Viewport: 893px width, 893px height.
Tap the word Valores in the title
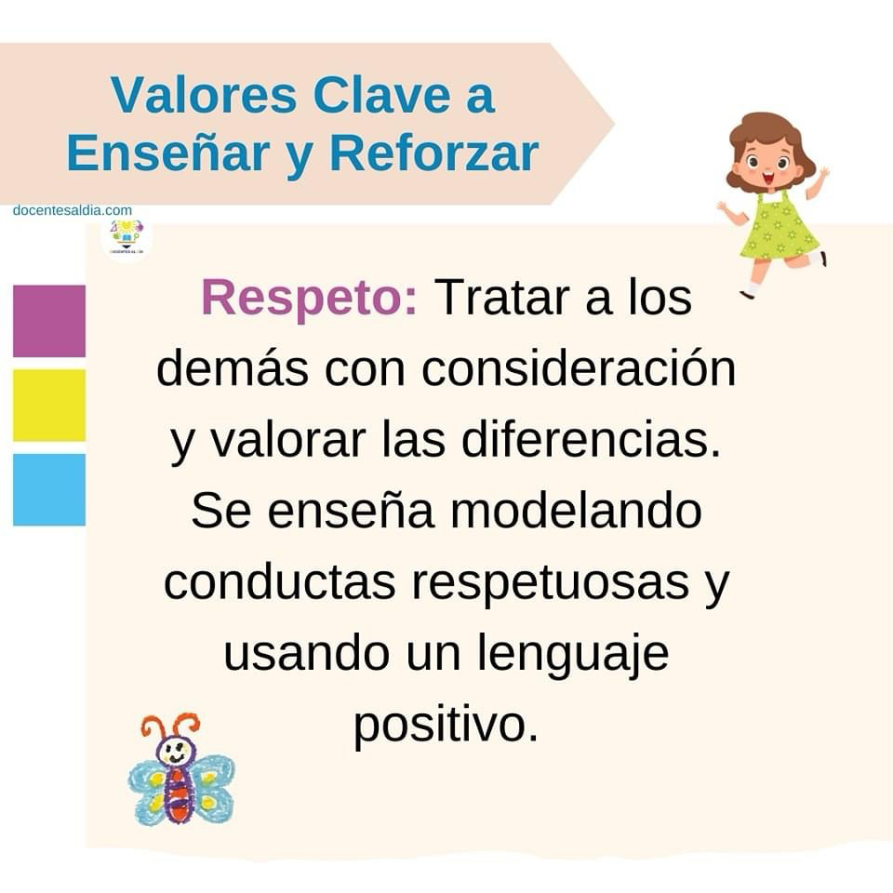(x=204, y=95)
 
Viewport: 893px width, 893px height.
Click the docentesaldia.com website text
(x=73, y=210)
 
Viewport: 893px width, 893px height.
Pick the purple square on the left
(x=49, y=321)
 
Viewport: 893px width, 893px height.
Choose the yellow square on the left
(x=49, y=405)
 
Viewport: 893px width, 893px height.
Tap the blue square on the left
(x=49, y=489)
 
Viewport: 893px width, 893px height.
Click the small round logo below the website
(x=127, y=237)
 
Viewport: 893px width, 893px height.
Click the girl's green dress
(x=778, y=228)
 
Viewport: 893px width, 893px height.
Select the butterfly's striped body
(x=179, y=795)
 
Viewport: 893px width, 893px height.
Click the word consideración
(x=579, y=368)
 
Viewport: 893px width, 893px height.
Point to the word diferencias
(x=592, y=440)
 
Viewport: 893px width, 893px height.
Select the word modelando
(x=577, y=511)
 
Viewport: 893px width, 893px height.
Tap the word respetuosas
(x=550, y=584)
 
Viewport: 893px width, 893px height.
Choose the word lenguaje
(x=572, y=655)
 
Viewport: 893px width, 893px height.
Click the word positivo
(x=446, y=726)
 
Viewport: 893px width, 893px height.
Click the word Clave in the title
(x=381, y=95)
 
